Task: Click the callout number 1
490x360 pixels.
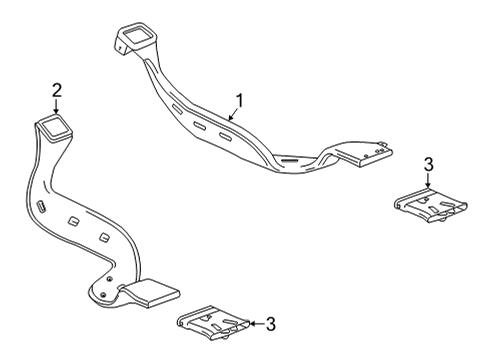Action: [x=239, y=100]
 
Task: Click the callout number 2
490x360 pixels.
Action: [x=56, y=89]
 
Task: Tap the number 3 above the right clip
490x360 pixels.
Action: [x=428, y=165]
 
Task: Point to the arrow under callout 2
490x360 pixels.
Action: [x=56, y=106]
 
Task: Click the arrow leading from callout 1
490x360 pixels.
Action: [x=232, y=111]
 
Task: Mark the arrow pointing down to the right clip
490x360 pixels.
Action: [x=428, y=180]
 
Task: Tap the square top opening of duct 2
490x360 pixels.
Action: [x=55, y=128]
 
